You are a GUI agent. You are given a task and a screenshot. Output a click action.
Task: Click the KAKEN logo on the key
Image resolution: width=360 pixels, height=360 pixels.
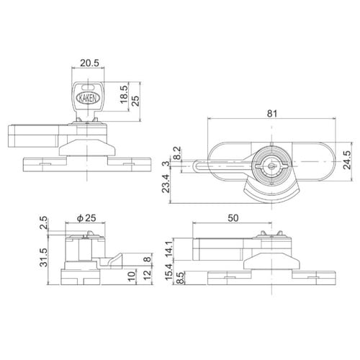tap(88, 94)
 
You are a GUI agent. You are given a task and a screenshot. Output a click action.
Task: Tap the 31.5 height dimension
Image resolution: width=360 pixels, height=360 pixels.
tap(45, 256)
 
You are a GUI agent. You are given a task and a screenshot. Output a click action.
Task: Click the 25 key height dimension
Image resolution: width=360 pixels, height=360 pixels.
tap(138, 94)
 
